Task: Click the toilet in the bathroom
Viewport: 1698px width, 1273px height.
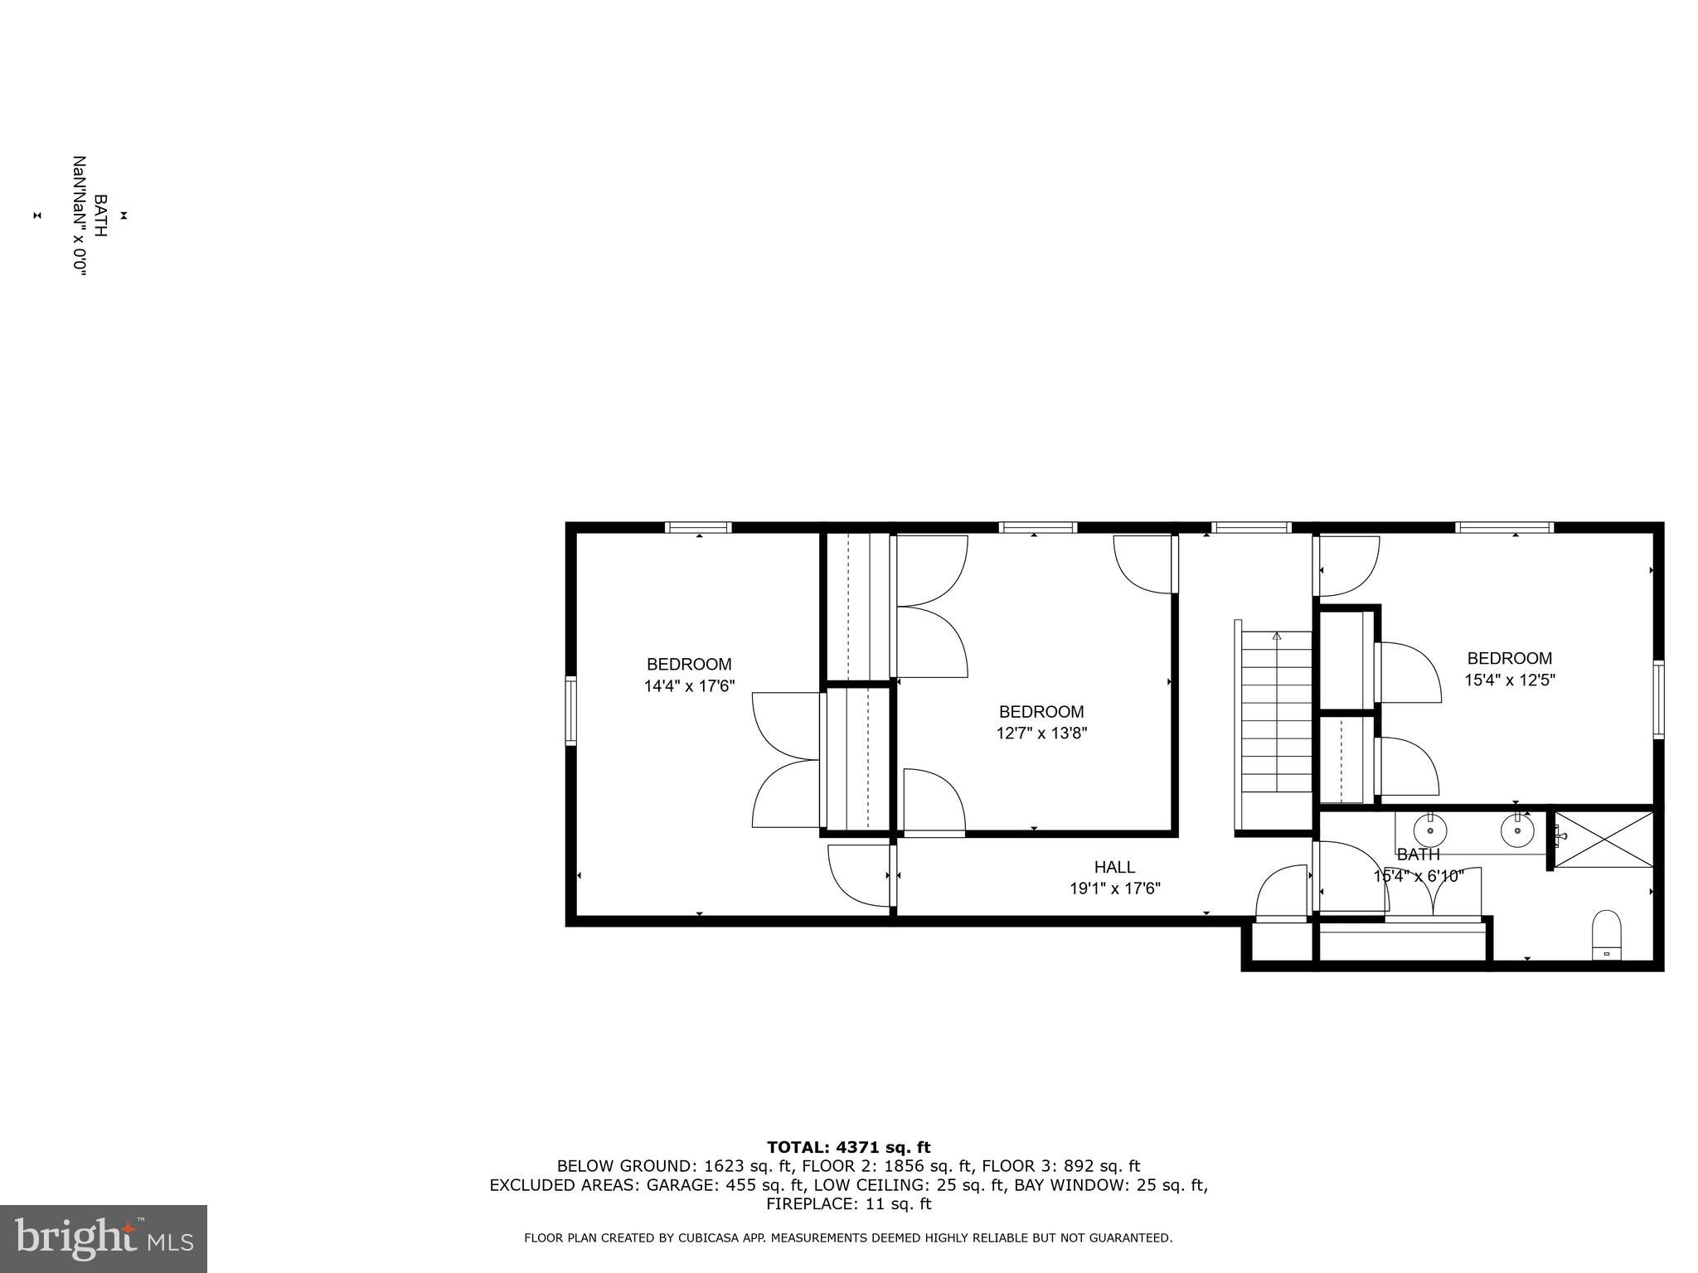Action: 1606,935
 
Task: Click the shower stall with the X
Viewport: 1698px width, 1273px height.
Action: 1603,840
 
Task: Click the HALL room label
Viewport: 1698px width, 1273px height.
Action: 1114,867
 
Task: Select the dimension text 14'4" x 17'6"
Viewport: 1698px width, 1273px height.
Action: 689,686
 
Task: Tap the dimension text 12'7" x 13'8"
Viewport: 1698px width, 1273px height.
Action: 1041,733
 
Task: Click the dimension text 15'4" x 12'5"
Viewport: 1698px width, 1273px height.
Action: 1509,680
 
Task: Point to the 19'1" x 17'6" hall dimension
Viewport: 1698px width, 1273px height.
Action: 1114,889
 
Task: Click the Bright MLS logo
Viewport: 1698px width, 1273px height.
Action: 104,1238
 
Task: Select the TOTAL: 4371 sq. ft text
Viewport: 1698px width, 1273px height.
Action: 848,1148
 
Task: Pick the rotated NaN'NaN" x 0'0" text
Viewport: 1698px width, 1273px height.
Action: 80,215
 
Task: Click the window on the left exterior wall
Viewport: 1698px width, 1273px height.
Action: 571,710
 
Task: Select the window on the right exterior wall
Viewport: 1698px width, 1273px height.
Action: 1657,699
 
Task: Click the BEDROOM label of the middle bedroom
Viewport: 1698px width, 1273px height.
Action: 1041,712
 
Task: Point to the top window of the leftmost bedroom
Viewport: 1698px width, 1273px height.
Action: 698,527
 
